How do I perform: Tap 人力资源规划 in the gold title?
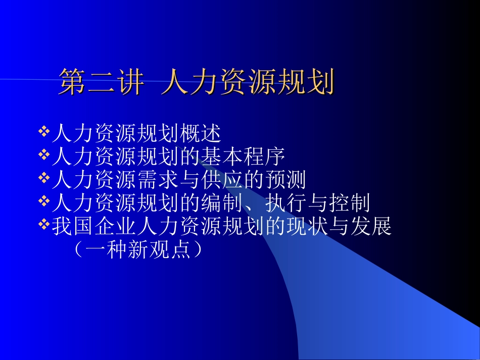click(x=248, y=82)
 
